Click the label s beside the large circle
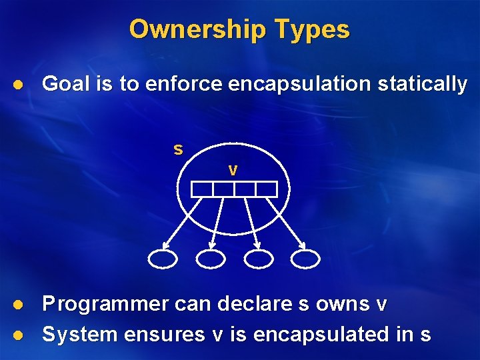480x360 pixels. pyautogui.click(x=178, y=149)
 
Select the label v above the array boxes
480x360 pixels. pyautogui.click(x=232, y=170)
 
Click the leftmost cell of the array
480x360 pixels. pyautogui.click(x=202, y=189)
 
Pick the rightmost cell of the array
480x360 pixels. pyautogui.click(x=266, y=189)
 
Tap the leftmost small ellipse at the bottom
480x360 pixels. pyautogui.click(x=163, y=258)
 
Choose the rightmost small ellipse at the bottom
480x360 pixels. pyautogui.click(x=305, y=258)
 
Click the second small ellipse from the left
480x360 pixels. pyautogui.click(x=211, y=258)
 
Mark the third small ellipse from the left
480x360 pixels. pyautogui.click(x=259, y=258)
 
